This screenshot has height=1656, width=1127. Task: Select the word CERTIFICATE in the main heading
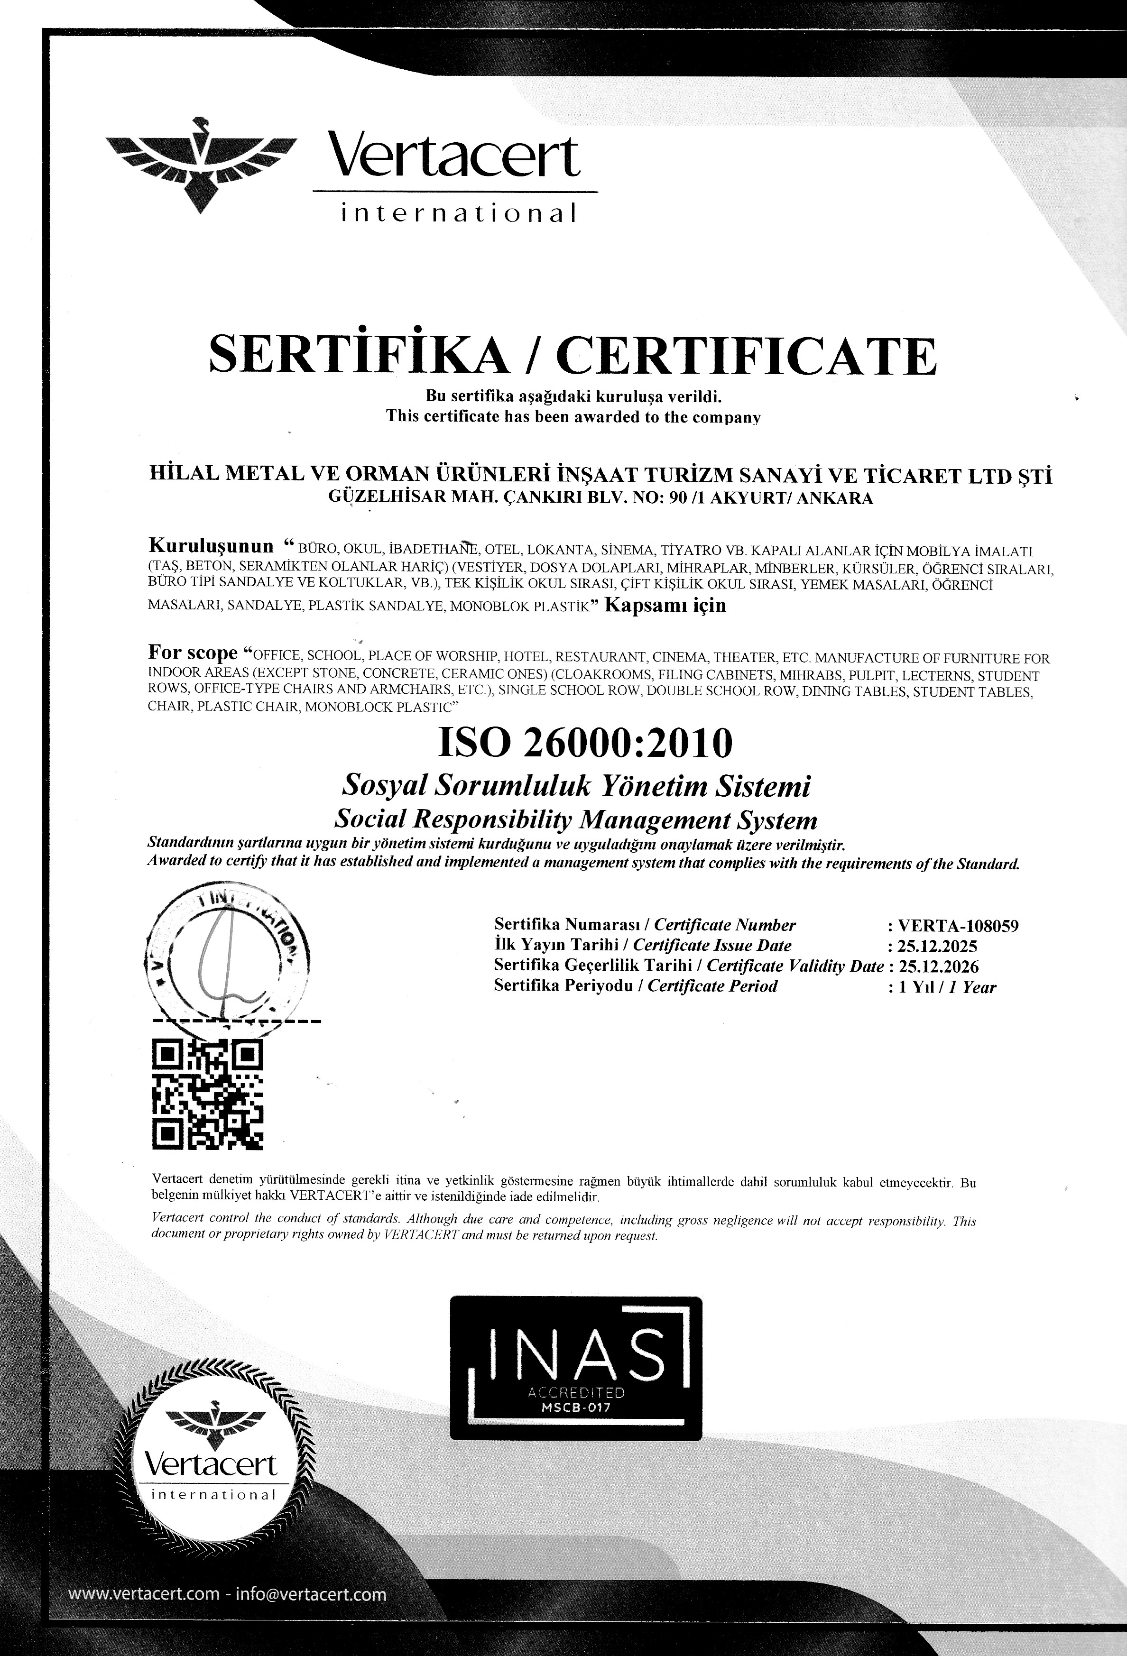[746, 356]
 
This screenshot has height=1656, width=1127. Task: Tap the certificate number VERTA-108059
[958, 926]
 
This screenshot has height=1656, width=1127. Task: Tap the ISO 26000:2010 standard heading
[584, 743]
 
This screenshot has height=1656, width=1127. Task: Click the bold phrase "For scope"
[193, 653]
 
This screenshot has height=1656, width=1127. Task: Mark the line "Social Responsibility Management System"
[575, 821]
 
